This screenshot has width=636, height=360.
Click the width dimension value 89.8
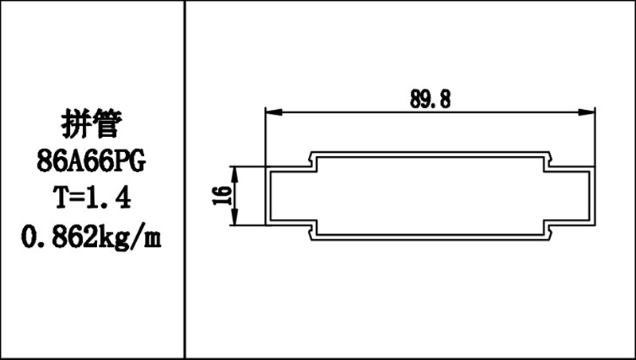(430, 98)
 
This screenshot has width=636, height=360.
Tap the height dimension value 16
(223, 196)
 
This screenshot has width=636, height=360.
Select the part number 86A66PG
(92, 162)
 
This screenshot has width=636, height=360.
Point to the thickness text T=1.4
(92, 198)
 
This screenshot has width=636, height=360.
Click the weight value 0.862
(58, 236)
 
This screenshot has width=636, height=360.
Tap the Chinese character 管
(108, 124)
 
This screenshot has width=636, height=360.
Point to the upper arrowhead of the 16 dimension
(235, 171)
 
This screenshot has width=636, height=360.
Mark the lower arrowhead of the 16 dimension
(235, 221)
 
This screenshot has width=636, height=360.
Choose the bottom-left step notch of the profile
(312, 230)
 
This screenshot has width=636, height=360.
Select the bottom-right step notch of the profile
(548, 230)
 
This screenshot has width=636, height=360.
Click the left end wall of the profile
(267, 196)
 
